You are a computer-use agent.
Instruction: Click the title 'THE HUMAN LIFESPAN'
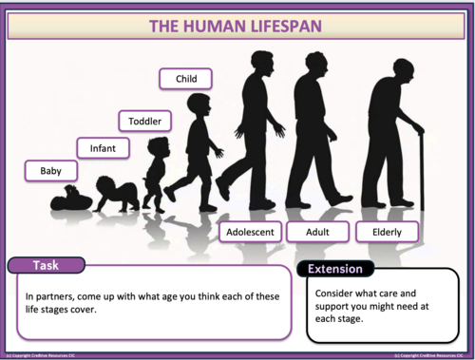click(x=237, y=25)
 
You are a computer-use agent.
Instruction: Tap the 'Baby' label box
click(x=51, y=171)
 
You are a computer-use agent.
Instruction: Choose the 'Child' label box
click(x=185, y=78)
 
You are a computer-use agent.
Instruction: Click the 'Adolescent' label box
click(x=248, y=231)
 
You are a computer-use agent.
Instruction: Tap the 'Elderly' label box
click(x=383, y=231)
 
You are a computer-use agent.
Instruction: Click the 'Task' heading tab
click(x=47, y=265)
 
